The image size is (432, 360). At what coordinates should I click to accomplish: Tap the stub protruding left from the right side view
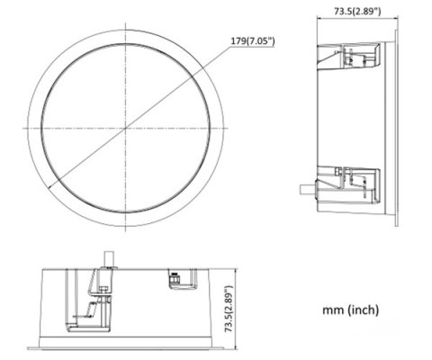307,190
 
